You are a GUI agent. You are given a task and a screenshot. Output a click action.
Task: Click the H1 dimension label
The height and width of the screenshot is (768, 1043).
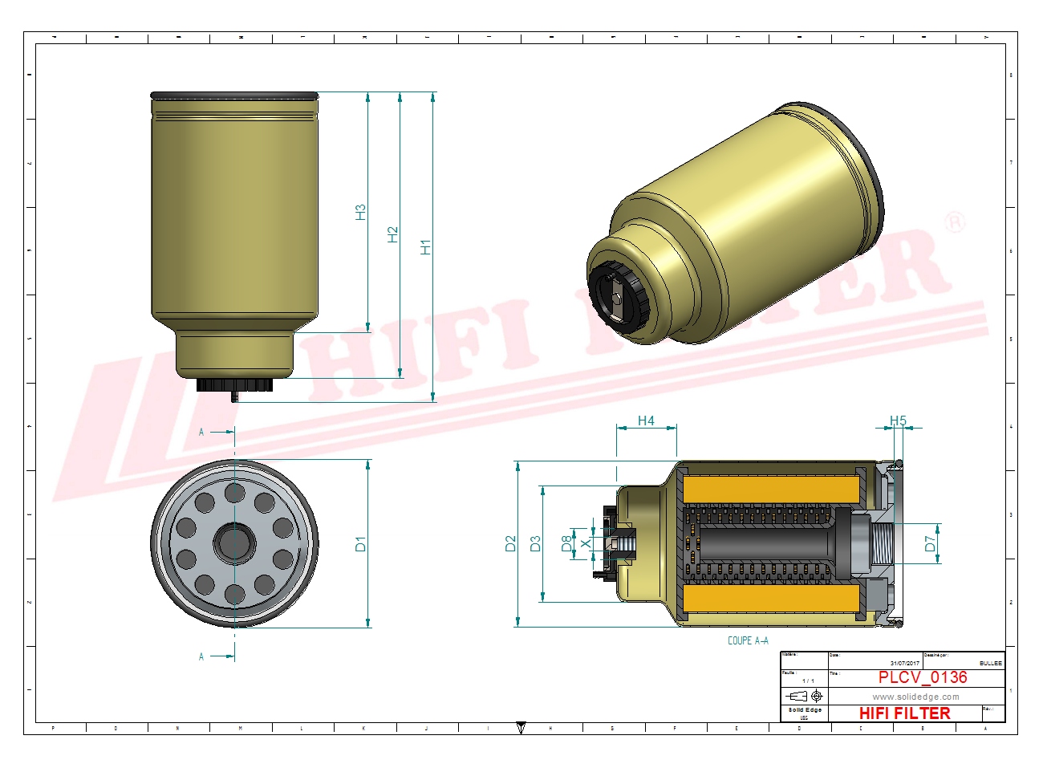(425, 247)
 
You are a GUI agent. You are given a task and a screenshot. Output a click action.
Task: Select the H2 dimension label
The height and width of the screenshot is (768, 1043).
(392, 234)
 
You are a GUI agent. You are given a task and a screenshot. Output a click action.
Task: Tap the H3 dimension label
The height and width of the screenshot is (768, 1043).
(360, 213)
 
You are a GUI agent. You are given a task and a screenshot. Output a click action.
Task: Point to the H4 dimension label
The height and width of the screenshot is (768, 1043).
(646, 421)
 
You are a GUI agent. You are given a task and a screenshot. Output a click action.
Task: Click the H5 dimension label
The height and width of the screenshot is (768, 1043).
(898, 421)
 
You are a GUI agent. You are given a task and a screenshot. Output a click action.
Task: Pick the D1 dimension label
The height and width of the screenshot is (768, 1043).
(360, 544)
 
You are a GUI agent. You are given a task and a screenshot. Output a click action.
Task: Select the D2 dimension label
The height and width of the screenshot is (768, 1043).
(510, 544)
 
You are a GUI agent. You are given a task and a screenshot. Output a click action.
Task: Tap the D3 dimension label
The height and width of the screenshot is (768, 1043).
(536, 544)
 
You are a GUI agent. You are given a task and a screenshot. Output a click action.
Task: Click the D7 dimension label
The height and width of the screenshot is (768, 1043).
(930, 544)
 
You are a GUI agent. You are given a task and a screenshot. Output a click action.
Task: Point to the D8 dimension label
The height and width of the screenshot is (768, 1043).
(567, 544)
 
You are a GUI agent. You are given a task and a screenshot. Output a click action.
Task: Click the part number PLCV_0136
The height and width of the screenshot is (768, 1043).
(923, 677)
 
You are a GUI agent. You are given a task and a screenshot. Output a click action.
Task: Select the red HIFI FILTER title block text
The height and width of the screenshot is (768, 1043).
(904, 713)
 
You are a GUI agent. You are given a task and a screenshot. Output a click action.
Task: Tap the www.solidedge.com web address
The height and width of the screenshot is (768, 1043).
(915, 697)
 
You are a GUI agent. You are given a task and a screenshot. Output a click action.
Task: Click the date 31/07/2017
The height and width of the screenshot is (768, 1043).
(904, 663)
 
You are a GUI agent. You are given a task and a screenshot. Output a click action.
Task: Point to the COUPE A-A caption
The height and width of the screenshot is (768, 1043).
(748, 640)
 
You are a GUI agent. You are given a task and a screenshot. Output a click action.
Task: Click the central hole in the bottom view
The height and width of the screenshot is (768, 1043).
(234, 543)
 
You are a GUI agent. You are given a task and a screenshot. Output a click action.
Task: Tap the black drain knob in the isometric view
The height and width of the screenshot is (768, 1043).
(616, 294)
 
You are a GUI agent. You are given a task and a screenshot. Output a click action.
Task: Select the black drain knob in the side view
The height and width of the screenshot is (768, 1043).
(234, 386)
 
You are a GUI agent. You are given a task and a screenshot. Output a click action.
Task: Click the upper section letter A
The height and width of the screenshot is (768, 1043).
(201, 432)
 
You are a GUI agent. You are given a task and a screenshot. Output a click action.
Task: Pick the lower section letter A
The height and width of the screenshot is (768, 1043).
(201, 656)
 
